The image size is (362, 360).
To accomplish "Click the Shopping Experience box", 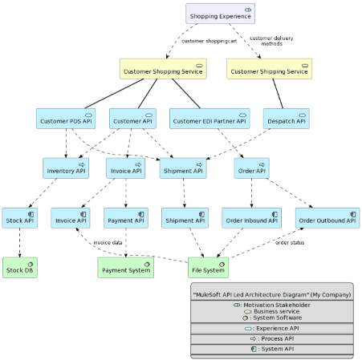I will [x=220, y=14].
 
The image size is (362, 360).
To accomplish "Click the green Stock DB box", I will [x=19, y=268].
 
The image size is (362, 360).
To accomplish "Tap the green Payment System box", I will [x=125, y=268].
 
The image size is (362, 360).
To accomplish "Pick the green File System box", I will [x=208, y=268].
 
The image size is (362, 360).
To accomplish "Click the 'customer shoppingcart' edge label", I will [x=209, y=41].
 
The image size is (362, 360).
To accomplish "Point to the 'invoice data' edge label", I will [x=108, y=242].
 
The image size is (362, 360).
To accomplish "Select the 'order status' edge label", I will [x=291, y=242].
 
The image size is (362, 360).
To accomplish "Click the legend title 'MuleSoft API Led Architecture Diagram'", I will [x=271, y=294].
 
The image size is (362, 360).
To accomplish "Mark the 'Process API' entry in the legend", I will [x=272, y=338].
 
